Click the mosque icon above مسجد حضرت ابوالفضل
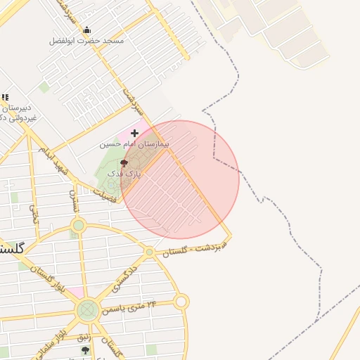[x=86, y=30]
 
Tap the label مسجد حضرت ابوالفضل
[x=86, y=41]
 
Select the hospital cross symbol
[x=134, y=132]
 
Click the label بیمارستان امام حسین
[x=134, y=143]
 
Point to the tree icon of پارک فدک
[x=124, y=162]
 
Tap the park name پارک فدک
[x=124, y=173]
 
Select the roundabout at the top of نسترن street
[x=78, y=226]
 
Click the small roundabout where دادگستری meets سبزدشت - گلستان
[x=149, y=252]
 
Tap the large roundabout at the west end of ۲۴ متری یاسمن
[x=87, y=309]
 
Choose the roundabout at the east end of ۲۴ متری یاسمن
[x=181, y=302]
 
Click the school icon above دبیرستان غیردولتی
[x=5, y=98]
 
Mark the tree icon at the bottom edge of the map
[x=86, y=350]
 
